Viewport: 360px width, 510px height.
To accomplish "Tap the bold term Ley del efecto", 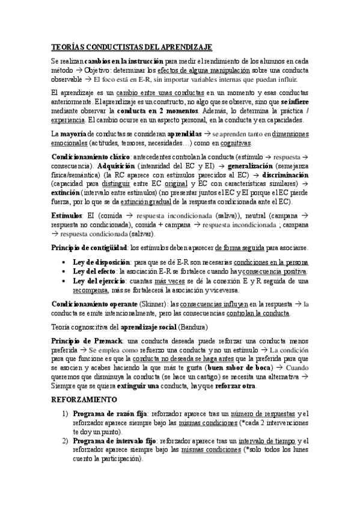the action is [x=96, y=272].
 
